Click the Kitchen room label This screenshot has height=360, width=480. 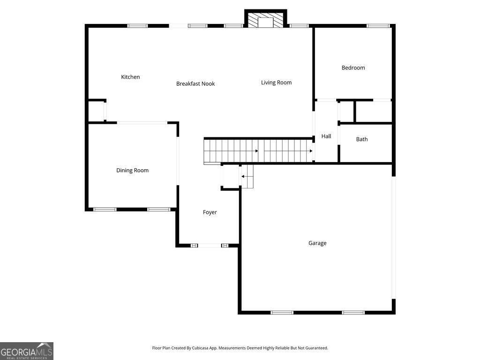click(130, 77)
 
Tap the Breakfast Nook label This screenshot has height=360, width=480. click(195, 83)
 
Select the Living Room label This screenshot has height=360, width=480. click(276, 82)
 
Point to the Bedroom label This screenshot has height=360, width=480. click(353, 67)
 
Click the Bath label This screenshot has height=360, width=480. click(361, 139)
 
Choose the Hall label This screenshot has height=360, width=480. click(326, 136)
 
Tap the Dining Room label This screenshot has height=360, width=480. click(132, 170)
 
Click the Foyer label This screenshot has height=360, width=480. click(210, 212)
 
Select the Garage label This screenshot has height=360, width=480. click(317, 243)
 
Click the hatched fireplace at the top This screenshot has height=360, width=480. click(265, 20)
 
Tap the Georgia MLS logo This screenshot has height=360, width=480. click(27, 351)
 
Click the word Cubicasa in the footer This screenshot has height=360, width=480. click(201, 348)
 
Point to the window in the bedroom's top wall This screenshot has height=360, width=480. click(378, 26)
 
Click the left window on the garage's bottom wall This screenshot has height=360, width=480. click(282, 313)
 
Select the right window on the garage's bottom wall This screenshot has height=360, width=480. click(353, 313)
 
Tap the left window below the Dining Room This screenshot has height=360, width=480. click(105, 210)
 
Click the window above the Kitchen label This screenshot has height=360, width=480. click(137, 26)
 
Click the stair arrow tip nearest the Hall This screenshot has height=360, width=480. click(311, 151)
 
